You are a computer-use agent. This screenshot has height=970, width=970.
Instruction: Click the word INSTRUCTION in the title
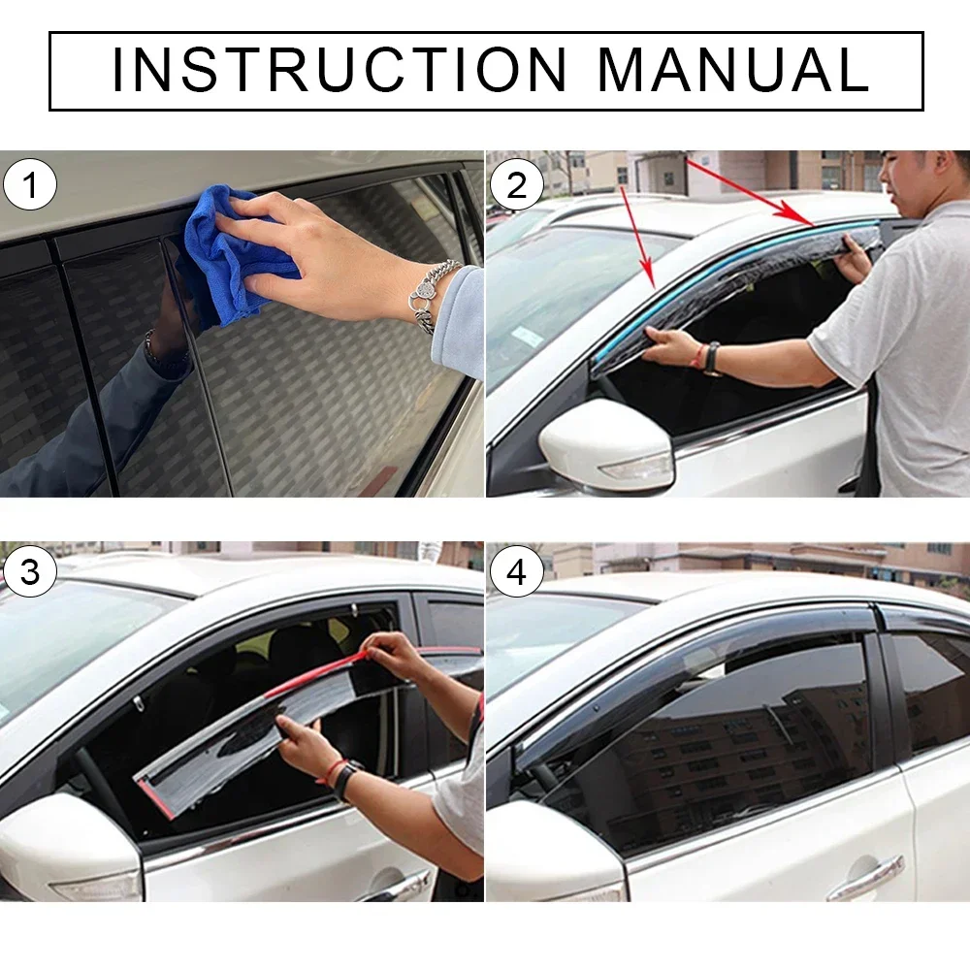pyautogui.click(x=339, y=70)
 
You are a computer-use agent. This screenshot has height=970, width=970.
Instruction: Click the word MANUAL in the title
pyautogui.click(x=732, y=70)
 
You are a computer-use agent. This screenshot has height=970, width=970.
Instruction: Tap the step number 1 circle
pyautogui.click(x=30, y=184)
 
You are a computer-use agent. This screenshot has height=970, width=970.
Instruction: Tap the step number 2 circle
pyautogui.click(x=516, y=184)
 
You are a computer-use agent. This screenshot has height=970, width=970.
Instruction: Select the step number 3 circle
pyautogui.click(x=30, y=572)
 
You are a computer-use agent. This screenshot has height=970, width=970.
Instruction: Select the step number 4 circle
pyautogui.click(x=516, y=572)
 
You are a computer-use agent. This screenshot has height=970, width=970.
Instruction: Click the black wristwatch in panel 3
pyautogui.click(x=344, y=779)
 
